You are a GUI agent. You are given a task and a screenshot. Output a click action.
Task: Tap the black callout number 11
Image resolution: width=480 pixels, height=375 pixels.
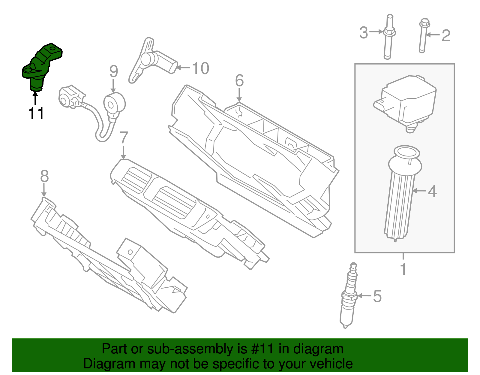[x=36, y=114]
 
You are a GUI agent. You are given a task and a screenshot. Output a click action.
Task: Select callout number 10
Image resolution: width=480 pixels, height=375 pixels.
[x=200, y=68]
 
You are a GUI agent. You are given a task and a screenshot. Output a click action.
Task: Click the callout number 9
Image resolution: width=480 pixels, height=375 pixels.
[x=114, y=71]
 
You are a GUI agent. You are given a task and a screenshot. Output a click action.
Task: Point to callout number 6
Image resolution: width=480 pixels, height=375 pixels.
[x=239, y=80]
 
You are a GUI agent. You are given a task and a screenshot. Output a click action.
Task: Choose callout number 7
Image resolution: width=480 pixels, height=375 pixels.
[x=124, y=138]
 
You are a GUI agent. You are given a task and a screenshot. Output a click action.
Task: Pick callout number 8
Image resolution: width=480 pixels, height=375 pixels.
[x=44, y=176]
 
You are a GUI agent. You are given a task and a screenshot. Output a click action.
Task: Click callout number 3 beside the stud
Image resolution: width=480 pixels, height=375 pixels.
[x=364, y=33]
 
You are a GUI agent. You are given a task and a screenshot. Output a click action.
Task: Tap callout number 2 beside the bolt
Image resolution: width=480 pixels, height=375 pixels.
[x=446, y=35]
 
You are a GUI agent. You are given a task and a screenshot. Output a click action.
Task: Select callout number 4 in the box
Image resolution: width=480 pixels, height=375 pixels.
[x=432, y=191]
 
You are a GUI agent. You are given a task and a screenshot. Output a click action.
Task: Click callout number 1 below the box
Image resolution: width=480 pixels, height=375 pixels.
[x=403, y=269]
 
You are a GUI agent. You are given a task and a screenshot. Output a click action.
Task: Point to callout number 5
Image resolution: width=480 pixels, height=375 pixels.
[x=377, y=296]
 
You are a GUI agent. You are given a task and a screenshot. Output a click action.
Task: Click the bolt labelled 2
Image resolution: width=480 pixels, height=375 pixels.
[x=423, y=36]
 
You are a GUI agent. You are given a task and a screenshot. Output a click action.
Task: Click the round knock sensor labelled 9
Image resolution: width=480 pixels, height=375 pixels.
[x=114, y=104]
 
